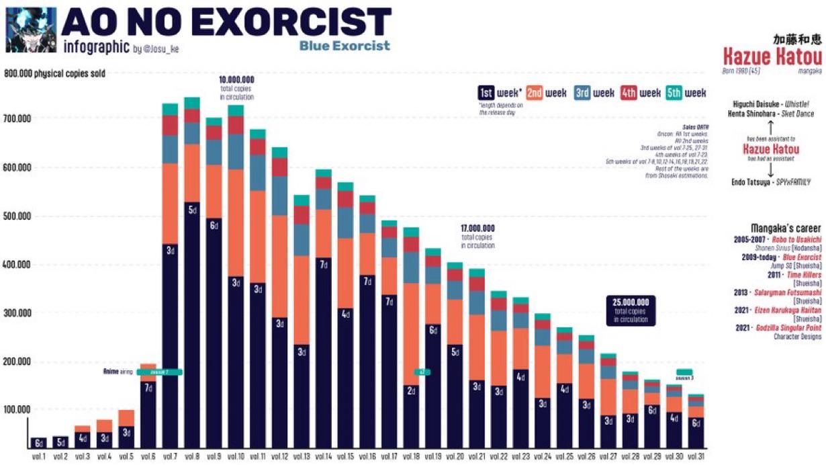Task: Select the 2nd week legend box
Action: (535, 93)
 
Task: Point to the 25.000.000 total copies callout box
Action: (630, 310)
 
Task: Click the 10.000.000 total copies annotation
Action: (236, 88)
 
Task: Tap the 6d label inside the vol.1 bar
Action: (38, 442)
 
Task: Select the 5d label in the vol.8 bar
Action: (192, 210)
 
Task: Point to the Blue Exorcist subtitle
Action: (345, 46)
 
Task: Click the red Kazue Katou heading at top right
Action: (772, 56)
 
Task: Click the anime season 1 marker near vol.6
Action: (158, 372)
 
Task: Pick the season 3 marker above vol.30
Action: (684, 372)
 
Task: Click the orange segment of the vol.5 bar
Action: (126, 418)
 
